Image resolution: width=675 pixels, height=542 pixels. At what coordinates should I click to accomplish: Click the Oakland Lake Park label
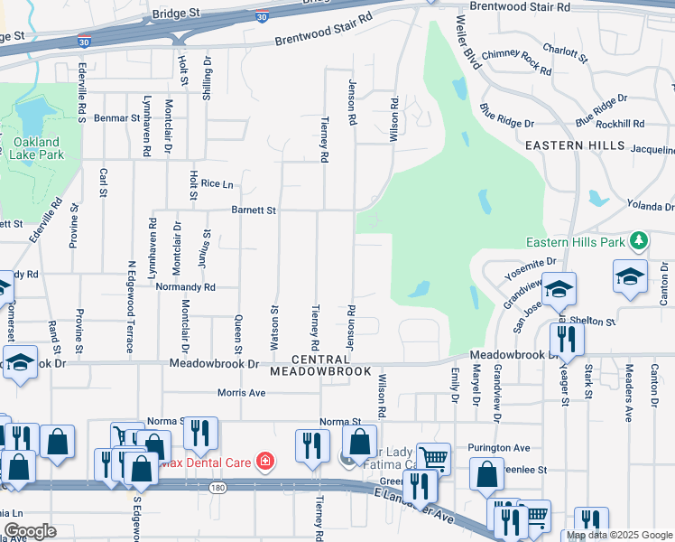click(36, 148)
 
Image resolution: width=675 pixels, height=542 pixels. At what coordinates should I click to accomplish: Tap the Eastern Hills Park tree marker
click(639, 240)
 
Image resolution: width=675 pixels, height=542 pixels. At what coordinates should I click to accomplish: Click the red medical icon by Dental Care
click(265, 463)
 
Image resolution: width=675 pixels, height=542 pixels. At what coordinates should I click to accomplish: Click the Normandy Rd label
click(184, 287)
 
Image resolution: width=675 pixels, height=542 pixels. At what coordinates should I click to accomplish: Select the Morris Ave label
click(242, 393)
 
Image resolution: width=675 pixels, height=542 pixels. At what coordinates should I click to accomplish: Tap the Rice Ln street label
click(217, 183)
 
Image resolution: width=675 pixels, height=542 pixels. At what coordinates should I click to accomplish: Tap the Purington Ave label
click(498, 448)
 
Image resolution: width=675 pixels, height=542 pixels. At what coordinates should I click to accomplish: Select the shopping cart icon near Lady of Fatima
click(434, 458)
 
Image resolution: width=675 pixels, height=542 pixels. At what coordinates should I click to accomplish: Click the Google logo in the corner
click(30, 531)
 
